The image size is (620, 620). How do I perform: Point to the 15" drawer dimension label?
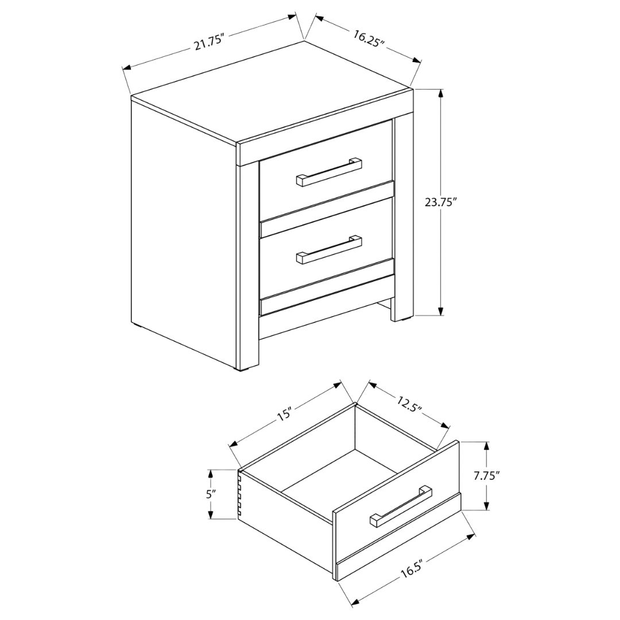pyautogui.click(x=285, y=414)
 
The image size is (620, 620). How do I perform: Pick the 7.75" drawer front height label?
pyautogui.click(x=486, y=476)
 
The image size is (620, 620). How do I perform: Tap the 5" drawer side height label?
pyautogui.click(x=211, y=494)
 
